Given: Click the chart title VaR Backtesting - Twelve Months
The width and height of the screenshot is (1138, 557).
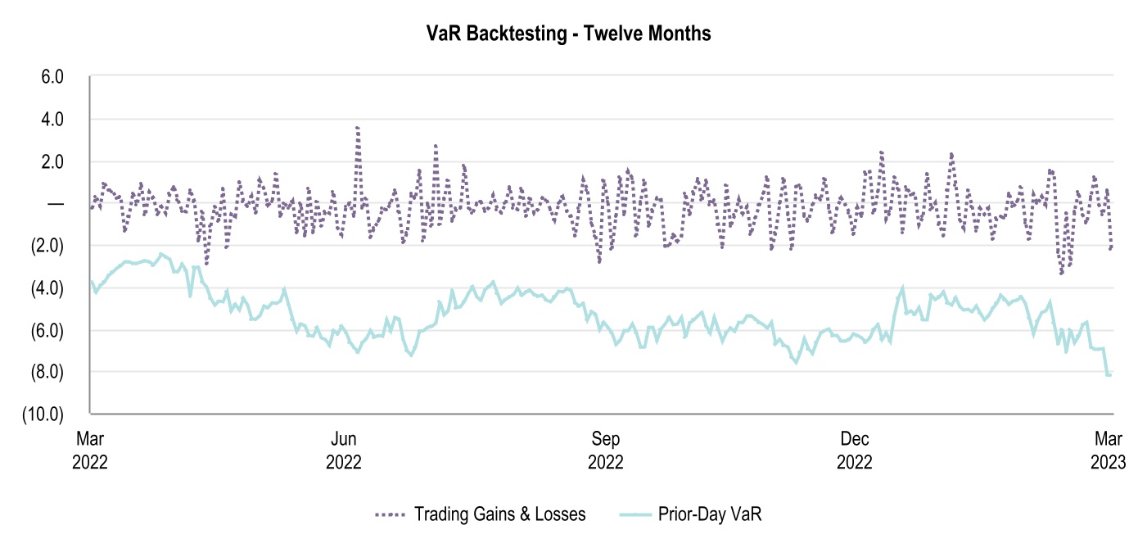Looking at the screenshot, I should coord(568,34).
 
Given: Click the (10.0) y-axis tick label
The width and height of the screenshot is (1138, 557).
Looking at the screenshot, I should coord(44,414).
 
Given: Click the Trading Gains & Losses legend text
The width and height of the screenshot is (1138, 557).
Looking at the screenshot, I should coord(499,514).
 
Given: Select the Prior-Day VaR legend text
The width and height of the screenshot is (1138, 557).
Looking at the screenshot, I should coord(710,514).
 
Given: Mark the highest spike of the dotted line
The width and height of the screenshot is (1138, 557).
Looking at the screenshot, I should coord(358,128).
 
